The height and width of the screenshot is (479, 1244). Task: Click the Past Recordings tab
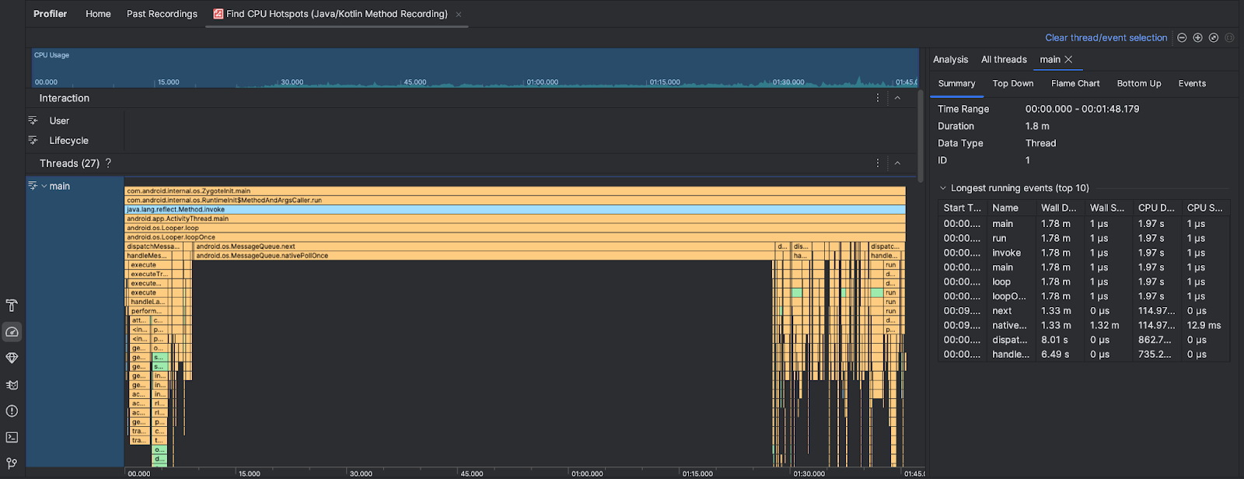pyautogui.click(x=162, y=14)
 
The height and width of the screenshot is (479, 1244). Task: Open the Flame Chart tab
pyautogui.click(x=1075, y=84)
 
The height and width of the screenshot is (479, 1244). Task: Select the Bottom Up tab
pyautogui.click(x=1139, y=84)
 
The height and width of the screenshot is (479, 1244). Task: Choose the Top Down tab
pyautogui.click(x=1013, y=84)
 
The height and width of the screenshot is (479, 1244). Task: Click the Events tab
pyautogui.click(x=1192, y=84)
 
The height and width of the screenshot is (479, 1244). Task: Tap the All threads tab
pyautogui.click(x=1004, y=60)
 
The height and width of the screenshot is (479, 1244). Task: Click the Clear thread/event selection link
pyautogui.click(x=1106, y=38)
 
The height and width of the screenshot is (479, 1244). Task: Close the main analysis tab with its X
pyautogui.click(x=1069, y=60)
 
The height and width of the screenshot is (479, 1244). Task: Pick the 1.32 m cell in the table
pyautogui.click(x=1105, y=326)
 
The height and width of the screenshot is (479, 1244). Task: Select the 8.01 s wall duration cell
pyautogui.click(x=1054, y=340)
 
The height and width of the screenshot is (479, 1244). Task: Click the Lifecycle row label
pyautogui.click(x=68, y=141)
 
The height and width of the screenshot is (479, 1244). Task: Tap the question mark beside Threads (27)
pyautogui.click(x=108, y=163)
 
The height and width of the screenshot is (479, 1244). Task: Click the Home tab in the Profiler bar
pyautogui.click(x=98, y=14)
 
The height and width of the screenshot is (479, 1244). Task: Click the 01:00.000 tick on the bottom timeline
pyautogui.click(x=587, y=474)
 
